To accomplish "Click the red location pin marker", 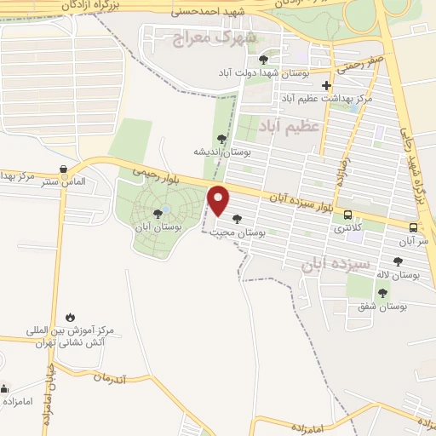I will pyautogui.click(x=219, y=200).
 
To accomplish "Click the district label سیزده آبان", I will pyautogui.click(x=336, y=264).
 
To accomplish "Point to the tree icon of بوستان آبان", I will pyautogui.click(x=157, y=214).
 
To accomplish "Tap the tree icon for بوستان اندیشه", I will pyautogui.click(x=222, y=138).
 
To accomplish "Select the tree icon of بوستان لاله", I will pyautogui.click(x=398, y=261).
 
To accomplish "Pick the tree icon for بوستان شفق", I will pyautogui.click(x=382, y=292).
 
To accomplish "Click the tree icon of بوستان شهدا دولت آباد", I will pyautogui.click(x=263, y=60).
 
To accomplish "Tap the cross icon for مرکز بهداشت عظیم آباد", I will pyautogui.click(x=326, y=85).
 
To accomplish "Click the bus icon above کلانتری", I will pyautogui.click(x=347, y=215).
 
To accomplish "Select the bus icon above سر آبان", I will pyautogui.click(x=413, y=228).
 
